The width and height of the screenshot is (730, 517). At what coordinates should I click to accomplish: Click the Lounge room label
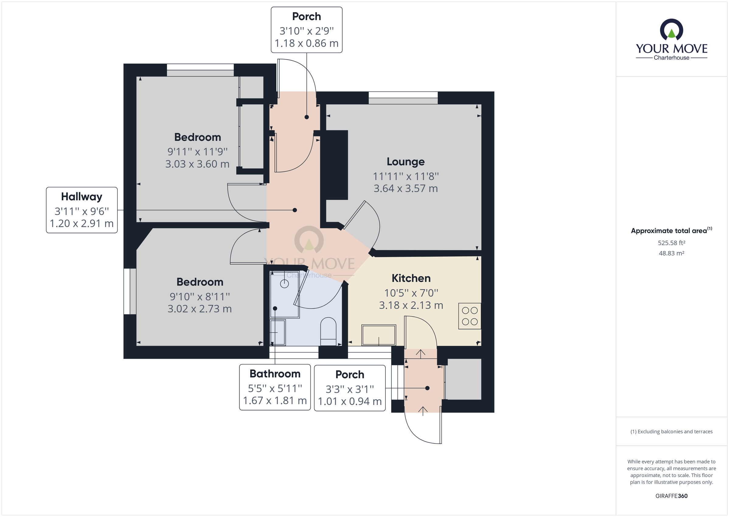(405, 162)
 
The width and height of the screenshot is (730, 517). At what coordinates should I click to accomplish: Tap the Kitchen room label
(411, 278)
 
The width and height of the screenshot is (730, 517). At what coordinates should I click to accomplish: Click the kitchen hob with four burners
(469, 316)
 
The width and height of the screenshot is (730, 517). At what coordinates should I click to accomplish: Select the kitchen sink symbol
(378, 335)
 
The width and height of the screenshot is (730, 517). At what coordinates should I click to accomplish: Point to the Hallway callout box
(82, 210)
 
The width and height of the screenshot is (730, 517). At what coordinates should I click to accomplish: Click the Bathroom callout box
(275, 387)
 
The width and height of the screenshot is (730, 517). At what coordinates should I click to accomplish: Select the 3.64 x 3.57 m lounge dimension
(405, 188)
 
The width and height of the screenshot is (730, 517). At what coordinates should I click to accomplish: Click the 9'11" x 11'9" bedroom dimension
(197, 152)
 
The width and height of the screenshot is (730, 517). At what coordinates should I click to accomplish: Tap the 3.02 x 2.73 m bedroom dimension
(199, 309)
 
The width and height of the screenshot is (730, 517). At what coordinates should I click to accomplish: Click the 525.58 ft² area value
(671, 243)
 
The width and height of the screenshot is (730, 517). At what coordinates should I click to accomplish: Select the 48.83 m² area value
(671, 253)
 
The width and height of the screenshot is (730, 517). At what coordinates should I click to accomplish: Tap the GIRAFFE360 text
(671, 496)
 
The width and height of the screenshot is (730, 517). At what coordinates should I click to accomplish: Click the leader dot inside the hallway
(295, 210)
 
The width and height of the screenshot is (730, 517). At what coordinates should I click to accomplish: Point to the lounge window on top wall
(403, 97)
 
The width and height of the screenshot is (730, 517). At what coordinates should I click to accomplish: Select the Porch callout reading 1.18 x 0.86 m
(307, 30)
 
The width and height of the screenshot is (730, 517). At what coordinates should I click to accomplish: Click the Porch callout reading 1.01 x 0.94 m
(350, 388)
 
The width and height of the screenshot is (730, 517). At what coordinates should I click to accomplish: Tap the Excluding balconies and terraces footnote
(671, 432)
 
